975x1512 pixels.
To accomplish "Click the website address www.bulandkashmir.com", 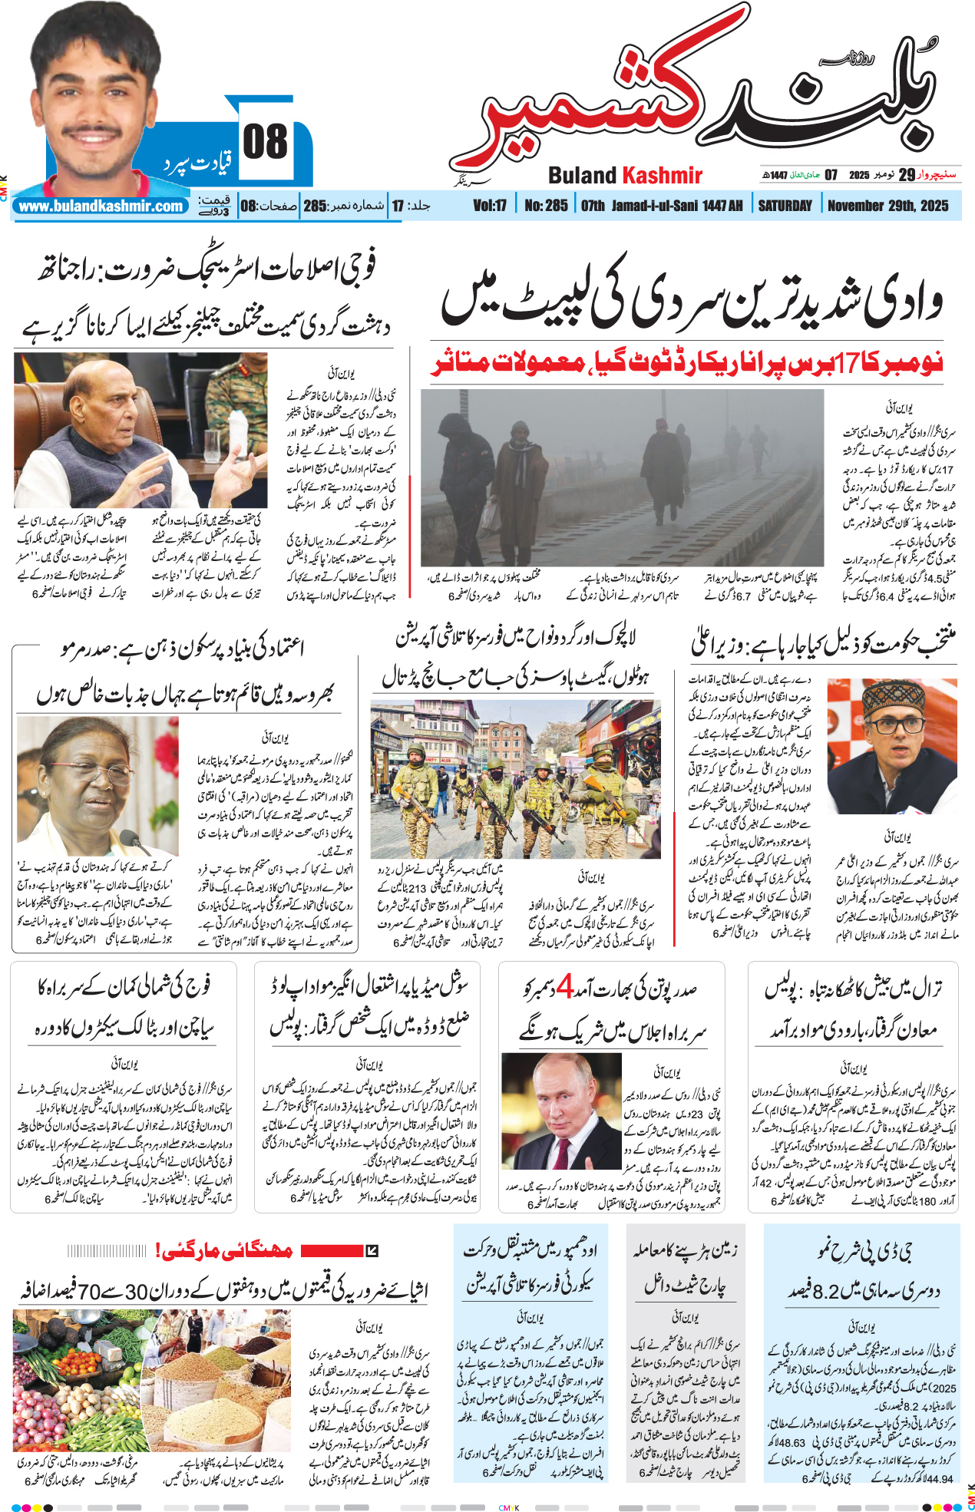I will (x=101, y=206).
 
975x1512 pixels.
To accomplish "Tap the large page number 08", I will (x=265, y=143).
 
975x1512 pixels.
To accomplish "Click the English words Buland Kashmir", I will (x=625, y=176).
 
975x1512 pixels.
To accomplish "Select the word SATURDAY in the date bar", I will (x=785, y=206).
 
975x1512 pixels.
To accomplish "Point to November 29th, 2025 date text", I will (x=887, y=206).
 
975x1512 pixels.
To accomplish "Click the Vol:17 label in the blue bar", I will (x=490, y=206).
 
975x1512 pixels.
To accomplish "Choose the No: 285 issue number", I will (x=546, y=206).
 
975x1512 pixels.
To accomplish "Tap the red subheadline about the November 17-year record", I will (x=686, y=362).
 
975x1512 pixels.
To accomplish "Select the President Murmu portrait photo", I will (x=97, y=786).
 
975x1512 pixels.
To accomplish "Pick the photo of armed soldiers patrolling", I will (x=514, y=779).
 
